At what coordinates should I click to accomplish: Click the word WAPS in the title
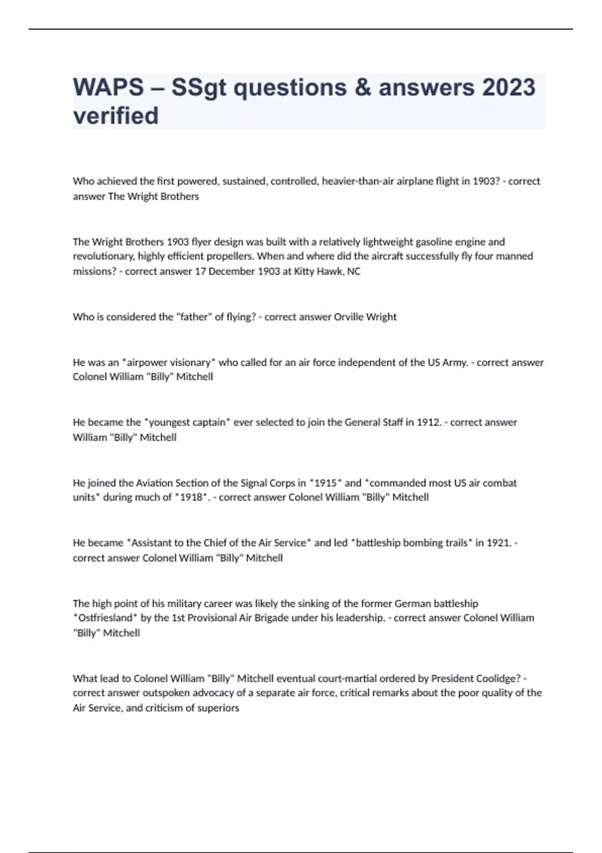click(x=108, y=87)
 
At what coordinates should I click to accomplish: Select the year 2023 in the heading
click(x=509, y=87)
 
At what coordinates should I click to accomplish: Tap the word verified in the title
click(x=116, y=115)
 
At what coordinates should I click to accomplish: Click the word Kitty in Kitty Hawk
click(x=307, y=271)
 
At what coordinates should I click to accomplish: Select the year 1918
click(x=193, y=497)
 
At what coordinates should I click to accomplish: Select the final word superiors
click(x=218, y=708)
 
